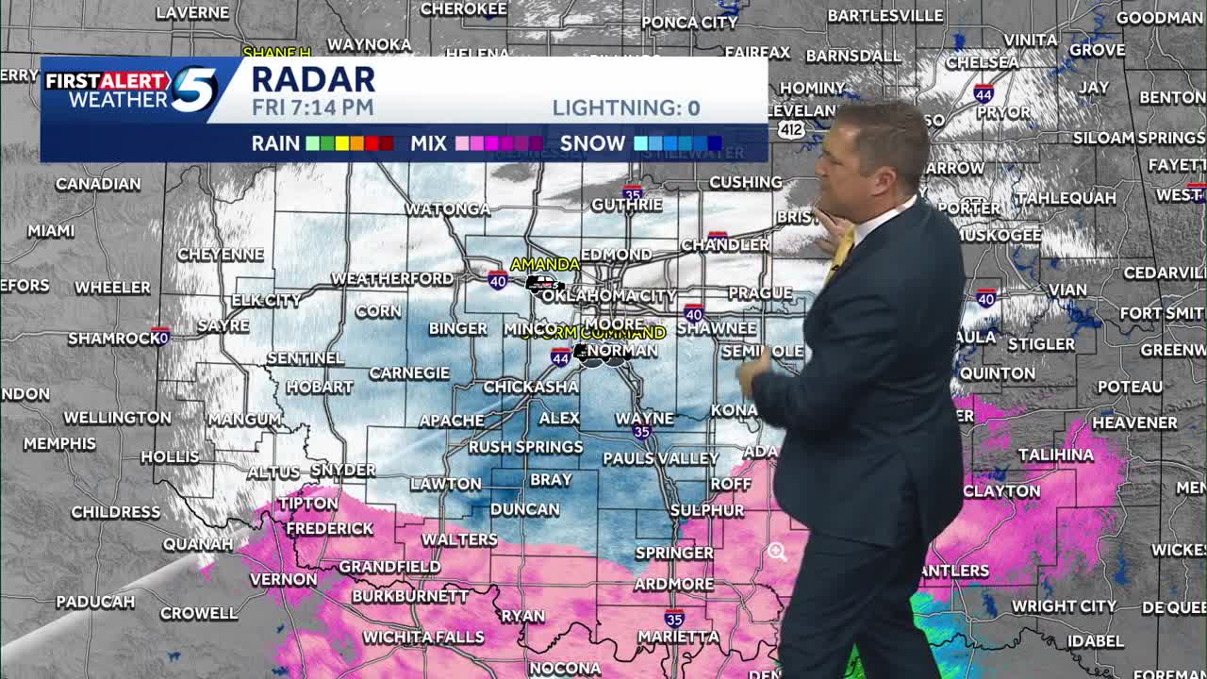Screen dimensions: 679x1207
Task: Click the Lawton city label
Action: [446, 484]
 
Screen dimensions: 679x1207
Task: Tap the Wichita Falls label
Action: [423, 638]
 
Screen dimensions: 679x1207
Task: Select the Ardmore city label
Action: [673, 584]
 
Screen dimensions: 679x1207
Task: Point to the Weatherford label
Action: [391, 278]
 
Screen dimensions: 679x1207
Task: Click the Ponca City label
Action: [689, 23]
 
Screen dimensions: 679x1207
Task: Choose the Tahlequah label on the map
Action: [1066, 198]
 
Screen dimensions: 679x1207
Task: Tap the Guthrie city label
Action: [627, 205]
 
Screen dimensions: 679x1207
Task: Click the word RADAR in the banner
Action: [313, 79]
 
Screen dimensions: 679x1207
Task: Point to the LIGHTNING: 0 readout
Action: [626, 108]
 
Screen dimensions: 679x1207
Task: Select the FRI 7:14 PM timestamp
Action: [312, 108]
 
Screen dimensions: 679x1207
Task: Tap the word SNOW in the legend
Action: [592, 143]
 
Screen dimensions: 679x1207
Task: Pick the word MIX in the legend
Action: [428, 143]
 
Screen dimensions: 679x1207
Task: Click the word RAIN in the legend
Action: [275, 143]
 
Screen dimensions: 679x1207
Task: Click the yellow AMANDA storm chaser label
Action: [545, 264]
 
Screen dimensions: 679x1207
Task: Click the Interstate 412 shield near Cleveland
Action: [791, 129]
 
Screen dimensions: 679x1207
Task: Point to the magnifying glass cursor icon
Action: [777, 553]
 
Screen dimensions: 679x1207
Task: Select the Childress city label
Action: [116, 512]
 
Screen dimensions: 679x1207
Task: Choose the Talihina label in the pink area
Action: [1056, 455]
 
